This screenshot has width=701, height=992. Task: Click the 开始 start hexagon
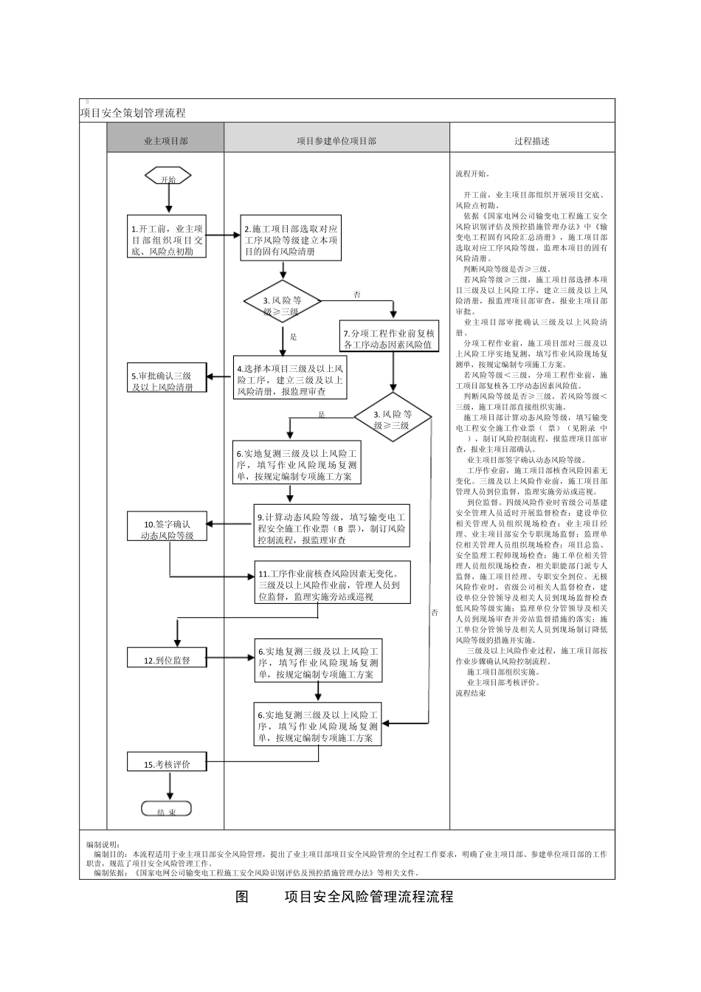168,177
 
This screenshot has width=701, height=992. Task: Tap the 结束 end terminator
167,809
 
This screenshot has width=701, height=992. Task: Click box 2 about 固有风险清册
291,240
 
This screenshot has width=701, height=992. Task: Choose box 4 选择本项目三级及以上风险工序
290,379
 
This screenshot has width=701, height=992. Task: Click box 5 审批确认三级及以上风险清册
167,380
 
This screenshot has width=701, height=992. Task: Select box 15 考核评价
167,764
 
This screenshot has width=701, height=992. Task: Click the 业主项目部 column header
165,140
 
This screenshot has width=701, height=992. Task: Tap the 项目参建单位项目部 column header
336,140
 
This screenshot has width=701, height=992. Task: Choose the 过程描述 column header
531,140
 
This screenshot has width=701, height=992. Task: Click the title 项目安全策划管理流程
133,113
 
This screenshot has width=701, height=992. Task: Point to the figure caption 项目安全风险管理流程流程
369,897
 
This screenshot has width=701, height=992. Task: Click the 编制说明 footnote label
107,844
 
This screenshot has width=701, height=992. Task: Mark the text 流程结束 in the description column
471,693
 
